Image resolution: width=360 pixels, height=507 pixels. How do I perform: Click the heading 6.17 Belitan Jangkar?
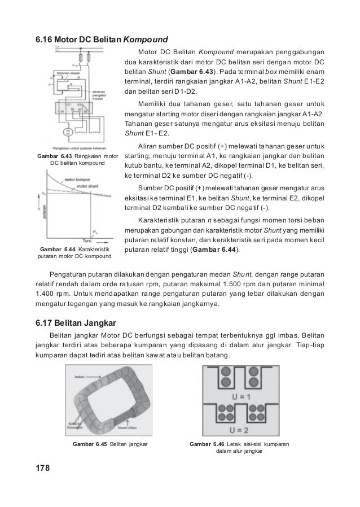coord(76,323)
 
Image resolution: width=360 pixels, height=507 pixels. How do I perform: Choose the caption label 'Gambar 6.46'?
coord(207,444)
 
